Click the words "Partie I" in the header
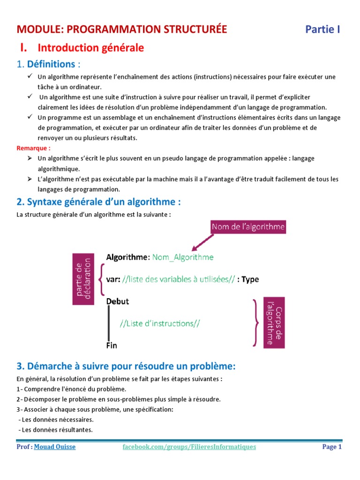point(322,30)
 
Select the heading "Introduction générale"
point(90,48)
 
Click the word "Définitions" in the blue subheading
point(51,64)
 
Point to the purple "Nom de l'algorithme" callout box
point(248,227)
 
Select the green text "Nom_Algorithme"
point(183,257)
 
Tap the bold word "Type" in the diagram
point(250,279)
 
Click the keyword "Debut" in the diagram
point(118,301)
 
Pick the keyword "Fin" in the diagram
point(112,345)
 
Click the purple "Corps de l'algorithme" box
point(274,322)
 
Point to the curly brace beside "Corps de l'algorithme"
point(256,322)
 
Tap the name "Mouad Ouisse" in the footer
point(54,447)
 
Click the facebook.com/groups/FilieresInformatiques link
point(189,447)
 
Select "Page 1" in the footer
point(332,447)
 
